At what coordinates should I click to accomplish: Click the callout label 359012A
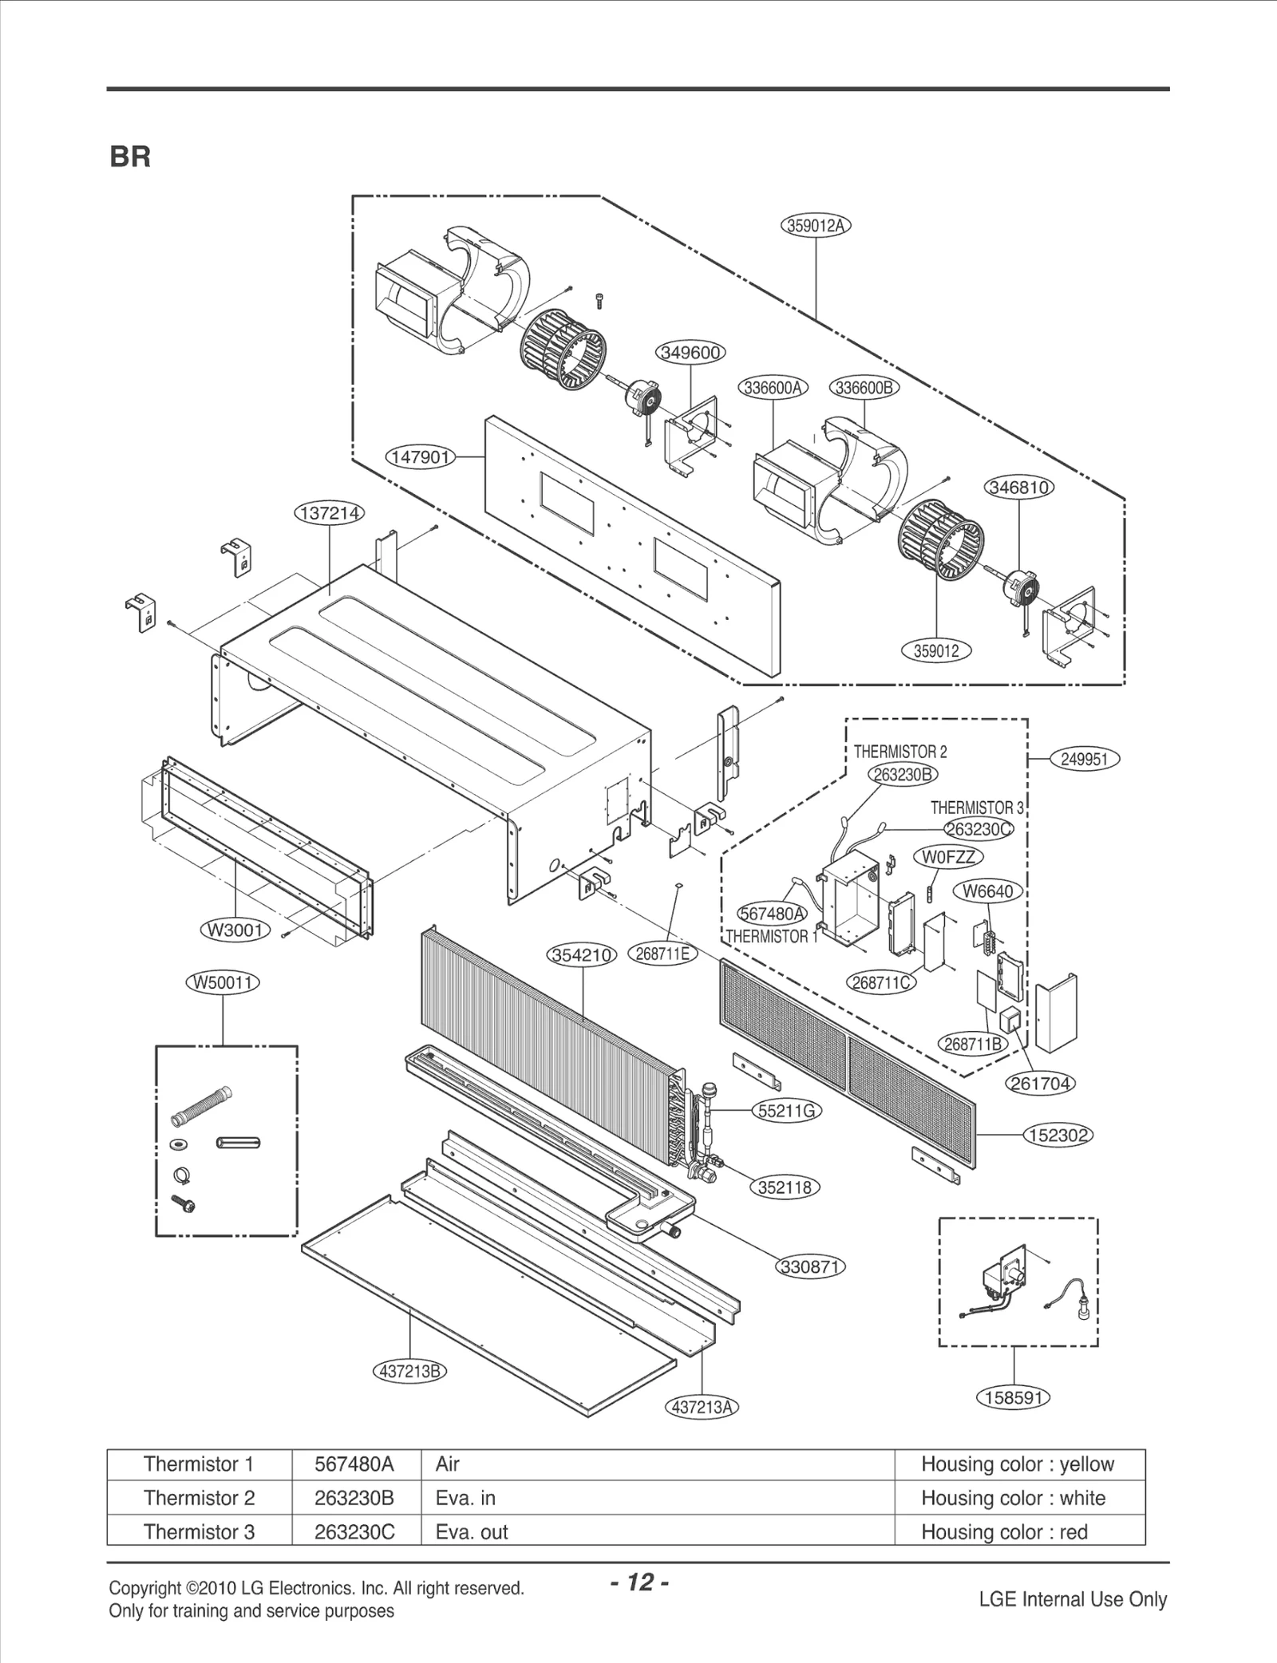(x=815, y=226)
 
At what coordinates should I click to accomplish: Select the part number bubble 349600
(x=690, y=352)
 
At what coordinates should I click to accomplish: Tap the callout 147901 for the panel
(x=420, y=457)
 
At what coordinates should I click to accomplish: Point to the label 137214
(x=330, y=513)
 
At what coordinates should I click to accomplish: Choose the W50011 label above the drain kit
(x=223, y=982)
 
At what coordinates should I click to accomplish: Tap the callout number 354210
(x=582, y=955)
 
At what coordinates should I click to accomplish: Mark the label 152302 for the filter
(x=1058, y=1135)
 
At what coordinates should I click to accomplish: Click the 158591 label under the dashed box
(x=1013, y=1397)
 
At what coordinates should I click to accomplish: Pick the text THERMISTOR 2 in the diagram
(x=900, y=752)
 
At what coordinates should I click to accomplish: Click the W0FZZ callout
(x=948, y=857)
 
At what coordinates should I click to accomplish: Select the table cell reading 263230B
(x=354, y=1498)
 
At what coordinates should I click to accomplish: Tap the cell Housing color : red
(x=1004, y=1531)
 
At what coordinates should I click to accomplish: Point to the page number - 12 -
(x=639, y=1582)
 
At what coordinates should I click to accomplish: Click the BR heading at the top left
(x=130, y=157)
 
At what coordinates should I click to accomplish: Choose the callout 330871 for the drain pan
(x=811, y=1266)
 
